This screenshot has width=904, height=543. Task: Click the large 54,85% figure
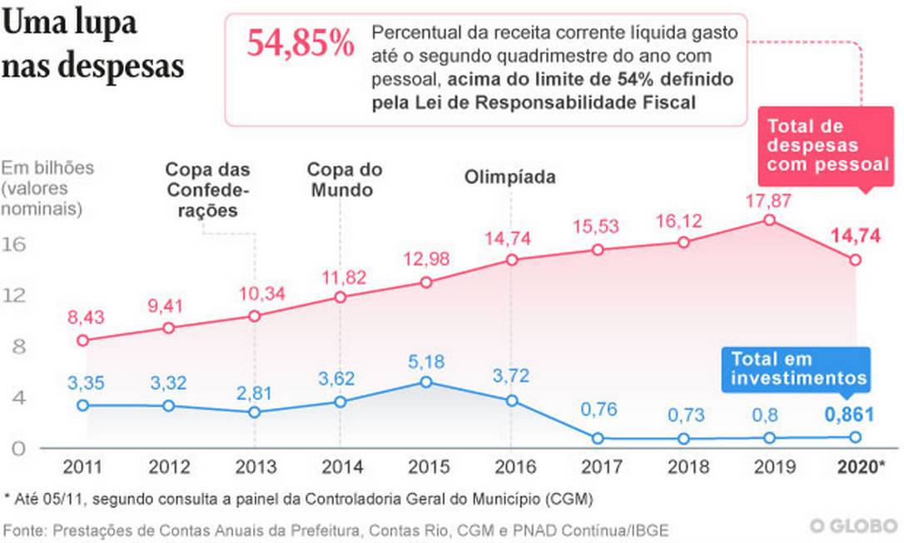tap(301, 44)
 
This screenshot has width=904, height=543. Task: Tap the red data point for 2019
tap(769, 220)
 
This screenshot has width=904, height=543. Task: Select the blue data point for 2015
tap(425, 381)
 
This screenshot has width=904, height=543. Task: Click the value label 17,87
tap(769, 200)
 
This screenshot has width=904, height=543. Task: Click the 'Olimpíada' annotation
tap(509, 177)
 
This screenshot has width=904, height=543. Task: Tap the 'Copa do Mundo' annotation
tap(344, 179)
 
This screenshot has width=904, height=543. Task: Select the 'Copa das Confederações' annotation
tap(207, 190)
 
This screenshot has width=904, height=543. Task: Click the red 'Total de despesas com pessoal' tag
tap(827, 146)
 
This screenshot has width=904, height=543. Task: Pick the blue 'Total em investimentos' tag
tap(797, 369)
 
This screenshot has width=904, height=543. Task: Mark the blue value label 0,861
tap(849, 415)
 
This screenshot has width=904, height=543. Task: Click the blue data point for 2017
tap(597, 438)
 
